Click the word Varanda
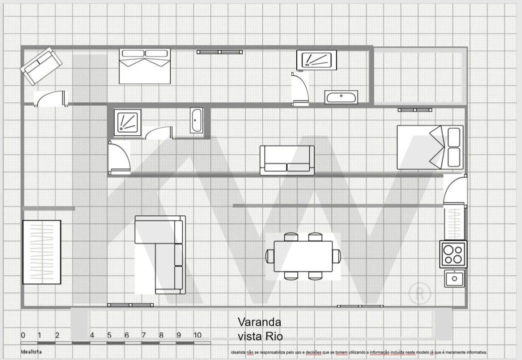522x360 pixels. (x=259, y=321)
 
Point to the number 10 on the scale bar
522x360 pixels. (x=197, y=335)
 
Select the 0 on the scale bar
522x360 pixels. (x=23, y=335)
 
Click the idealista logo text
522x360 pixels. (x=31, y=352)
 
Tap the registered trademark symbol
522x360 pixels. (x=420, y=293)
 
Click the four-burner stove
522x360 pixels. (x=453, y=254)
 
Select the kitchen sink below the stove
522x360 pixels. (x=455, y=277)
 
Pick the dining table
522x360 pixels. (x=303, y=256)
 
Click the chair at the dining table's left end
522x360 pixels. (x=270, y=256)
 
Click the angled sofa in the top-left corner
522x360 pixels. (x=41, y=66)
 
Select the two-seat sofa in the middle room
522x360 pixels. (x=287, y=160)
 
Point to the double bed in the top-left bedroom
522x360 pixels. (x=145, y=66)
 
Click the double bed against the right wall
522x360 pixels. (x=430, y=147)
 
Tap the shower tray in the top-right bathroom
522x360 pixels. (x=316, y=60)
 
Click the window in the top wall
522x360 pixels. (x=220, y=51)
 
